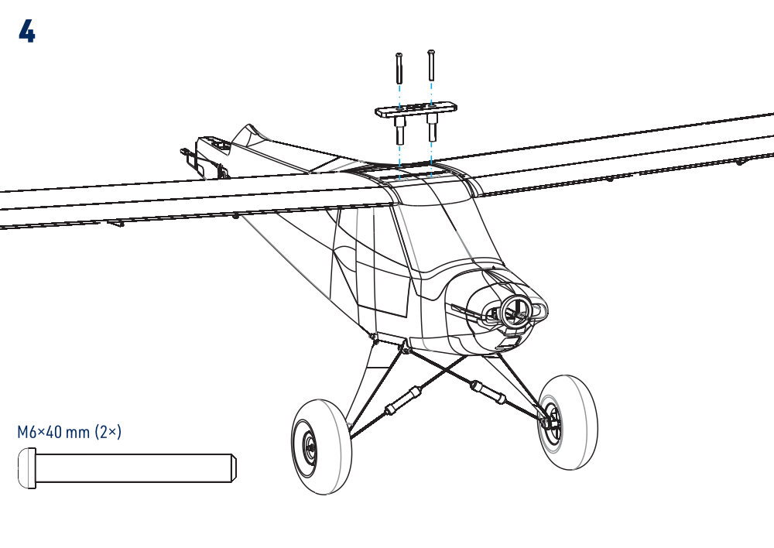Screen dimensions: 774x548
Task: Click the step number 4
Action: [26, 32]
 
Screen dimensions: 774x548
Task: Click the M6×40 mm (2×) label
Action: [69, 432]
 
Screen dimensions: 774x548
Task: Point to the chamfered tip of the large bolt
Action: [234, 468]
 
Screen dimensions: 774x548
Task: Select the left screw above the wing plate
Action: [399, 68]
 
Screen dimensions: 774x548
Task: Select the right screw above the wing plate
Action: [431, 65]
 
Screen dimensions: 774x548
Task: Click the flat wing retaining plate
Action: [416, 110]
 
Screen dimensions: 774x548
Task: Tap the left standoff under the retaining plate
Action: [399, 129]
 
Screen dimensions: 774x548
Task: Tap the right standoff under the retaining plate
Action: [432, 126]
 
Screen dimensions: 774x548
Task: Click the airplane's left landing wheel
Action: [322, 447]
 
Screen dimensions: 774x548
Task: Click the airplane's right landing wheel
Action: [567, 422]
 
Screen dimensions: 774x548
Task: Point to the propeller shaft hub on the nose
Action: [515, 310]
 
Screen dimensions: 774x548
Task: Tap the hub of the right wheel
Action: [552, 420]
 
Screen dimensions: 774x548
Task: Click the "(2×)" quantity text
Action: [108, 432]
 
